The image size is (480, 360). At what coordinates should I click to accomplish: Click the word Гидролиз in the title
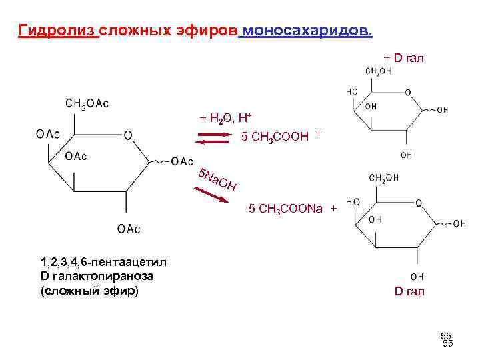point(59,31)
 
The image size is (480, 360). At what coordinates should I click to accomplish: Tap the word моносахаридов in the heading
point(307,31)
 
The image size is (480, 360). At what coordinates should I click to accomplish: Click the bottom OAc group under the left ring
point(129,229)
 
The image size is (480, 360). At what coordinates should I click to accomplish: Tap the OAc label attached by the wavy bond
point(182,162)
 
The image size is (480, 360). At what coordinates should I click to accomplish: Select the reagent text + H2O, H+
point(225,119)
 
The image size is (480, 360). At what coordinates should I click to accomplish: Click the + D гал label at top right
point(403,58)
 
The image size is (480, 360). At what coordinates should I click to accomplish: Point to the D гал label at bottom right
point(409,291)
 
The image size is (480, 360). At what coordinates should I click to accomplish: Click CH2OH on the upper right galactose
point(377,72)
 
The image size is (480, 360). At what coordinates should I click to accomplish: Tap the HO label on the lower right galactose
point(354,201)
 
